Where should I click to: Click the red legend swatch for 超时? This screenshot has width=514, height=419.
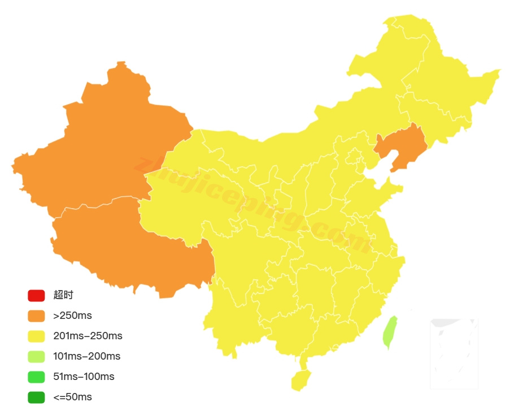[36, 295]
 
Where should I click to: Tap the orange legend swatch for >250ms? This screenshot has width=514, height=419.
[36, 316]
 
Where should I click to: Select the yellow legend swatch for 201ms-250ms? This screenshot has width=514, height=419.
[36, 336]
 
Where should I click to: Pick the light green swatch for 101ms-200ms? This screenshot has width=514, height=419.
[36, 356]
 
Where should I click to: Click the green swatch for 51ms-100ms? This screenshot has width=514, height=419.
[36, 377]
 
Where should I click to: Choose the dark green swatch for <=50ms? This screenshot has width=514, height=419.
[36, 397]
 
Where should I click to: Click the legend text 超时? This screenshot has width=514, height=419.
[63, 295]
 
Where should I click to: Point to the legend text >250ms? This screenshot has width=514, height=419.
[72, 316]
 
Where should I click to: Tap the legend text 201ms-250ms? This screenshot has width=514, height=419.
[88, 336]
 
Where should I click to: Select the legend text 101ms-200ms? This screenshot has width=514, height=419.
[86, 356]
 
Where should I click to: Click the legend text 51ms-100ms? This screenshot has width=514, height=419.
[84, 377]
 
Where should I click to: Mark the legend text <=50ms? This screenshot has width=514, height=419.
[72, 397]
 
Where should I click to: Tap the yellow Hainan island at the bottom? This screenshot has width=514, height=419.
[301, 381]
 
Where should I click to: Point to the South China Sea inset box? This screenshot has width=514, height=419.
[454, 354]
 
